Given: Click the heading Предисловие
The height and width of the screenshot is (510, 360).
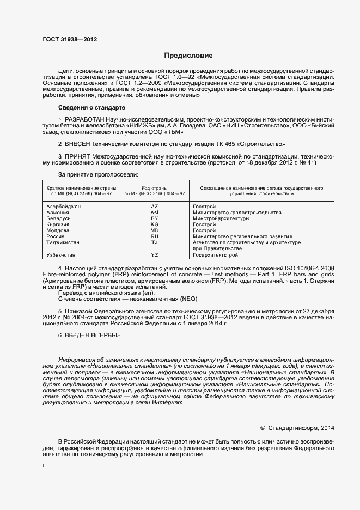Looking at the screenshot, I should [188, 56].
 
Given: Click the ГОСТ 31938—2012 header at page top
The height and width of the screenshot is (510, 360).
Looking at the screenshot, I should [70, 39].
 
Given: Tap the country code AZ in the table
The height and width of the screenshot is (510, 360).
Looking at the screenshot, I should [154, 207].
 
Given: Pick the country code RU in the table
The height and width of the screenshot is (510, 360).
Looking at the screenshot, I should [154, 236].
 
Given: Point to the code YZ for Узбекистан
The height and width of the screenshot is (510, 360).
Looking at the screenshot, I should [154, 254].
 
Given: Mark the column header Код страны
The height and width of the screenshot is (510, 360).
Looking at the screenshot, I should [155, 188].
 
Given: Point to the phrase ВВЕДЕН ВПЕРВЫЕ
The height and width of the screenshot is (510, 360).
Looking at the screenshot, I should [90, 335].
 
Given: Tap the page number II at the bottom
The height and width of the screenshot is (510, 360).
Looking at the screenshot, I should [44, 466].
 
